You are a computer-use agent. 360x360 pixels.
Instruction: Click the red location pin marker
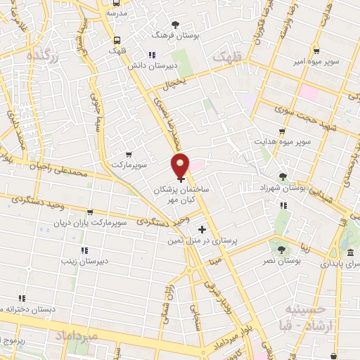point(181,166)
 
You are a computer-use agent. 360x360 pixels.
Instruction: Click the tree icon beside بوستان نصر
point(282,249)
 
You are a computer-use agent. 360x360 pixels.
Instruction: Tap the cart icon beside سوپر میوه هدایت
point(283,131)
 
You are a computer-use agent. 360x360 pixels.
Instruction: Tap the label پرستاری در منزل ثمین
point(202,240)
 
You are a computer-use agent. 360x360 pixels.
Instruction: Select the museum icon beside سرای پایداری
point(349,252)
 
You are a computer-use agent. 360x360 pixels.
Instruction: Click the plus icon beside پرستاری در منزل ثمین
point(202,229)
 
